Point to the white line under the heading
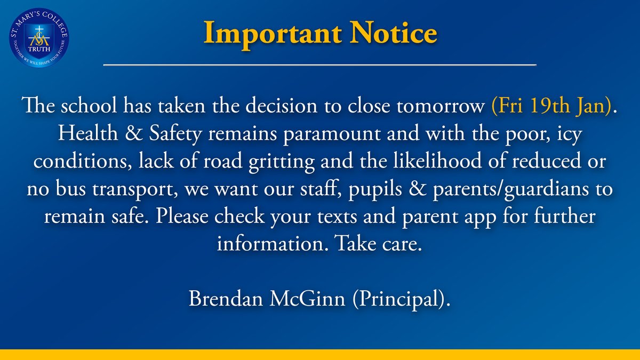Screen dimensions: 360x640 [x=320, y=65]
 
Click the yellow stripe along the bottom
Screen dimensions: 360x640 [x=320, y=355]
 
